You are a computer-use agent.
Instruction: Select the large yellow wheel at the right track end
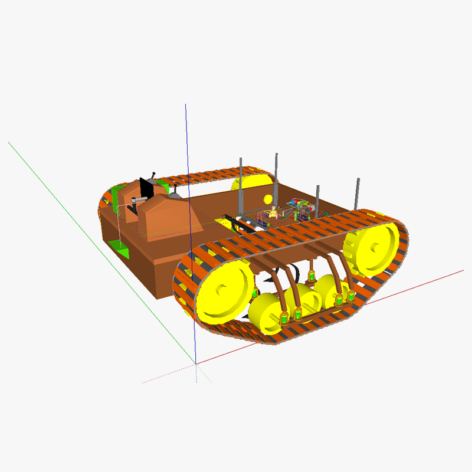pyautogui.click(x=371, y=247)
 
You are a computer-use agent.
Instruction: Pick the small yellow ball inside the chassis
pyautogui.click(x=268, y=198)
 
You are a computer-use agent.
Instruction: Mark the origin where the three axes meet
pyautogui.click(x=196, y=363)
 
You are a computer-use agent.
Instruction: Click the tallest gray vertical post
pyautogui.click(x=276, y=177)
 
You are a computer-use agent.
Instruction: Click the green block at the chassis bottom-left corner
pyautogui.click(x=122, y=250)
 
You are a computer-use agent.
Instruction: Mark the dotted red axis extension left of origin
pyautogui.click(x=168, y=374)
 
